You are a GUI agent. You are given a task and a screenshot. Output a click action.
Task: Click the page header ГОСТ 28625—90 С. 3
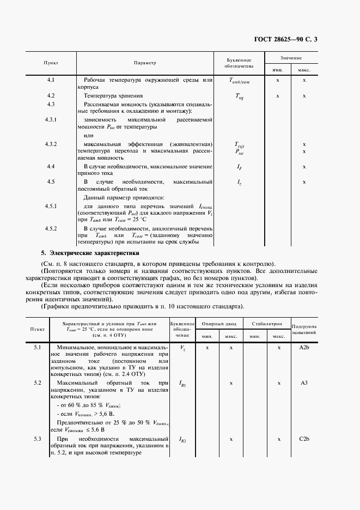308,40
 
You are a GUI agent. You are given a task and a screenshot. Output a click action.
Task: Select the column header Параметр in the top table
145,63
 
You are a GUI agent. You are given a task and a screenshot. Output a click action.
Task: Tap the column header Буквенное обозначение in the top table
239,63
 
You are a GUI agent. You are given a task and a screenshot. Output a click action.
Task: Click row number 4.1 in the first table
51,81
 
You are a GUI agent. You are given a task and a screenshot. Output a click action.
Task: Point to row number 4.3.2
51,144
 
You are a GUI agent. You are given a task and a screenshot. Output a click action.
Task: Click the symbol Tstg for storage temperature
239,96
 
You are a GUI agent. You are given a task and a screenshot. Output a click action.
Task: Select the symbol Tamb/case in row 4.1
239,81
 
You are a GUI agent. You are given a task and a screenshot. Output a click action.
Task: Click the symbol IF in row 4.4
239,166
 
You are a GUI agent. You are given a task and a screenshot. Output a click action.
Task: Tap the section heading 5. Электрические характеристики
90,253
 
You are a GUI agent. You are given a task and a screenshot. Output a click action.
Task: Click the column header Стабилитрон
266,323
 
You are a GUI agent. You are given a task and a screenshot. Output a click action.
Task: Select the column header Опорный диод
218,323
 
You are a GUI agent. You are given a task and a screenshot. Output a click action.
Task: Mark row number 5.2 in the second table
38,383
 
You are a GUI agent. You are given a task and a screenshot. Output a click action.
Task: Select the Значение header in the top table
291,57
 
